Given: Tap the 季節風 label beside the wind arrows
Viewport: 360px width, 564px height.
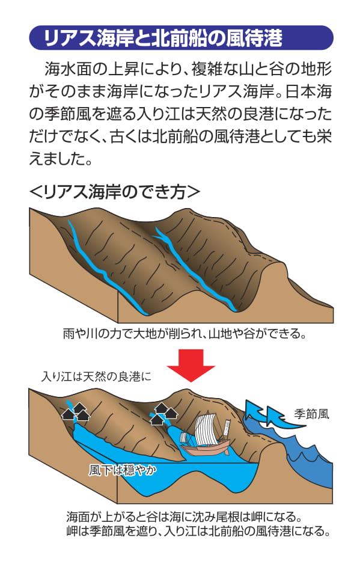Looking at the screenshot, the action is tap(311, 414).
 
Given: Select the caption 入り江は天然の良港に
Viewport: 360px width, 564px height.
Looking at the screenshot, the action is tap(96, 376).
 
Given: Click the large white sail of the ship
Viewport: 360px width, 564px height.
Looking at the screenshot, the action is tap(206, 429).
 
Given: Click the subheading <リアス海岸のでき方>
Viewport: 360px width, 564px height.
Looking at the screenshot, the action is tap(114, 192).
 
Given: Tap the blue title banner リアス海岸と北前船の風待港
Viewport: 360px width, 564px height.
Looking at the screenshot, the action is tap(181, 37).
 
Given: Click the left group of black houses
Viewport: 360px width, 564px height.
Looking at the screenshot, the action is tap(76, 412).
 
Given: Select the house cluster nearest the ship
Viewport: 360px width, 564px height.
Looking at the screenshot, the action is tap(163, 413).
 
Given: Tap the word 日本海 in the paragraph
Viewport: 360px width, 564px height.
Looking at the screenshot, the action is tap(308, 92).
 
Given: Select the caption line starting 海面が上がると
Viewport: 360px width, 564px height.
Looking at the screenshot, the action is tap(184, 517).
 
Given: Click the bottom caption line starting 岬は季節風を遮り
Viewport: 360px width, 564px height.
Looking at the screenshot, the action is tap(198, 532).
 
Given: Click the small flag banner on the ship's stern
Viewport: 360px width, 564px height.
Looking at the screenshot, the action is tap(227, 428).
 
